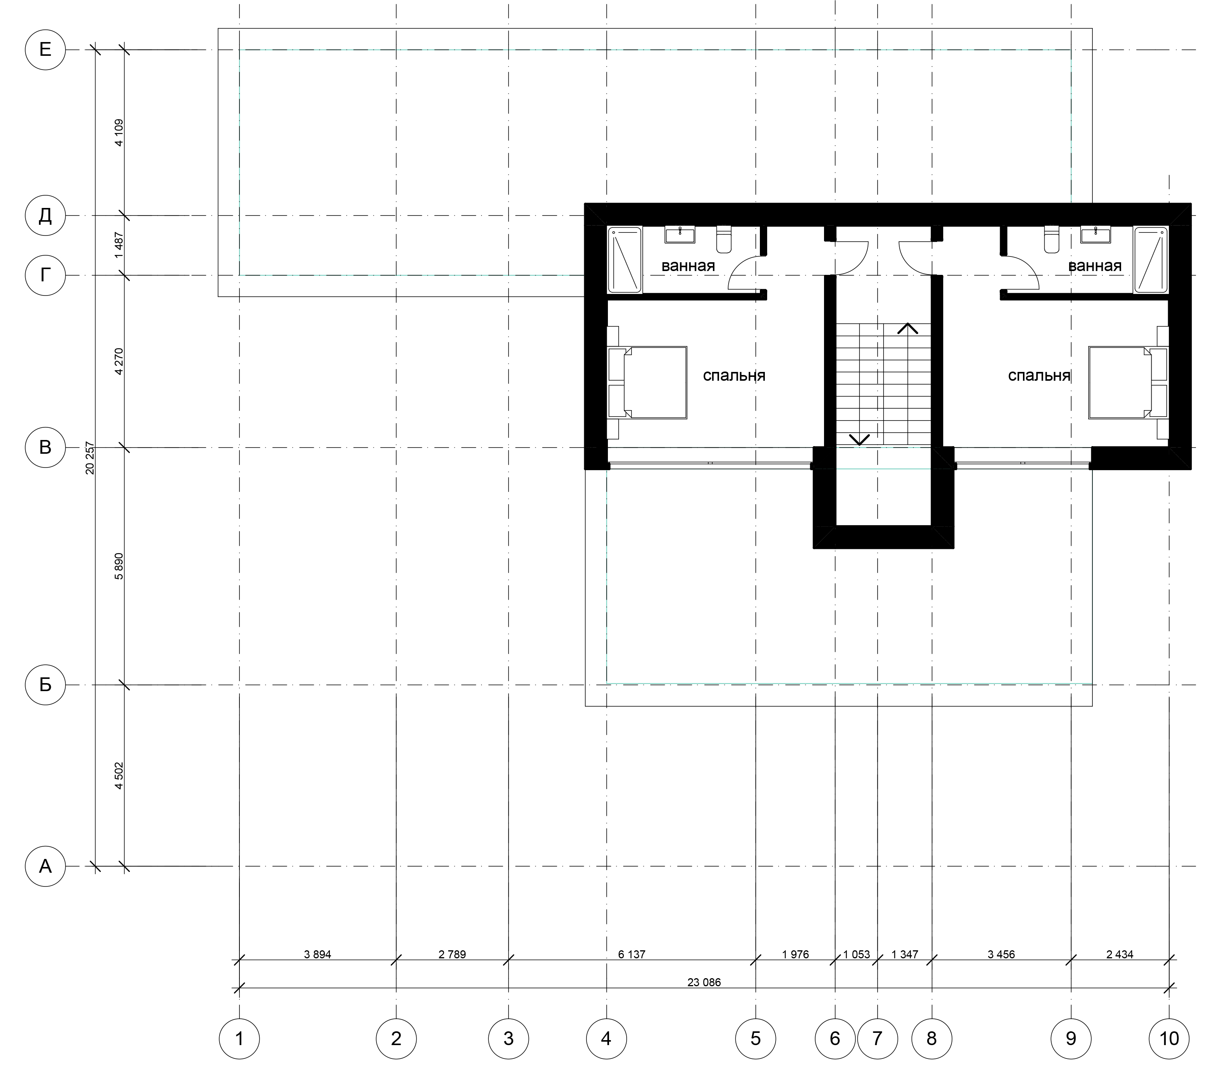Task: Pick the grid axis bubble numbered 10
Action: pos(1169,1039)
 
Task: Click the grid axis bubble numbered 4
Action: pos(606,1039)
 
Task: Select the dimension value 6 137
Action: pos(632,954)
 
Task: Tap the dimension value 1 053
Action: pos(856,954)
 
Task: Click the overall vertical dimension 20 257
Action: pos(90,458)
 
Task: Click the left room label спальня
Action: pos(734,376)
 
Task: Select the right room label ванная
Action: pos(1095,266)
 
